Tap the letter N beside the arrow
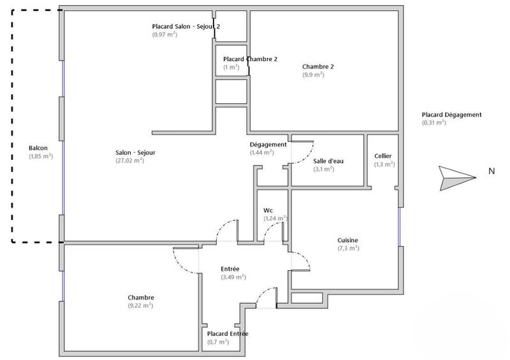[x=491, y=171]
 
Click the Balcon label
[x=38, y=148]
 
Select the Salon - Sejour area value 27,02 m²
[x=129, y=161]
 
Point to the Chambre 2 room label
[x=318, y=66]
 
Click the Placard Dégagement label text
[x=451, y=115]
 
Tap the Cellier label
[x=384, y=156]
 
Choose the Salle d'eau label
[x=328, y=161]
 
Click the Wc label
[x=268, y=210]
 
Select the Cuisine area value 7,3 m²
[x=348, y=248]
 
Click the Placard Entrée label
[x=228, y=334]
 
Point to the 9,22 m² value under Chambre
[x=140, y=306]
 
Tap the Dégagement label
[x=268, y=145]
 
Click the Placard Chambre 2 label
[x=250, y=59]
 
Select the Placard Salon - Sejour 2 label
[x=186, y=26]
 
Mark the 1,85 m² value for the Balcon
[x=41, y=156]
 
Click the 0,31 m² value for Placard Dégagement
[x=434, y=122]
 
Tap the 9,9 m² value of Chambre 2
[x=313, y=75]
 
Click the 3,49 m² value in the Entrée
[x=233, y=277]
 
